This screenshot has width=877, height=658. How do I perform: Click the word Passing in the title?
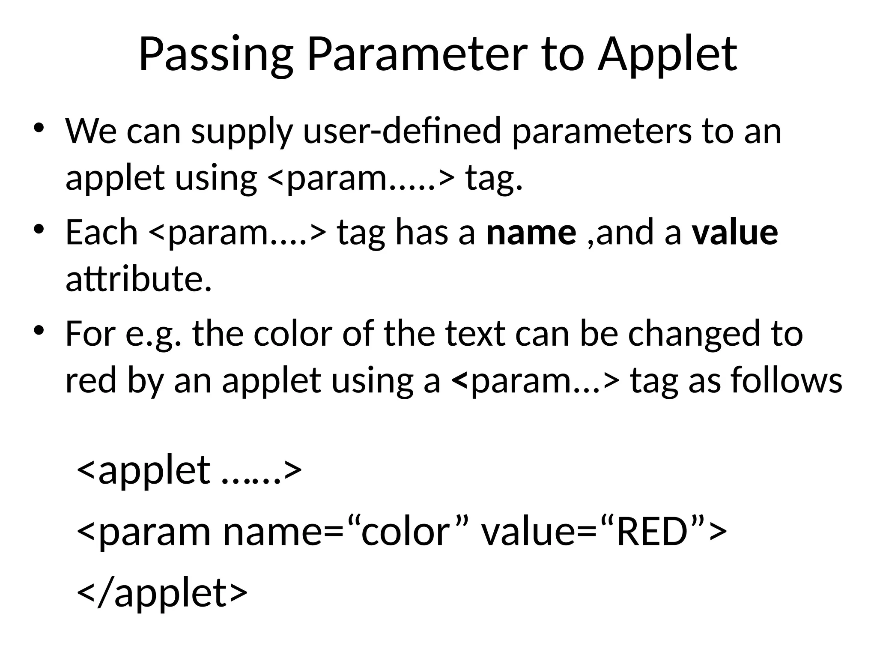[216, 55]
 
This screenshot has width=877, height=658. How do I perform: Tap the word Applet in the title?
[667, 55]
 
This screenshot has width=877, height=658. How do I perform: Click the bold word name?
[531, 233]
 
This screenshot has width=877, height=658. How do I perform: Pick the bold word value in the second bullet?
[735, 233]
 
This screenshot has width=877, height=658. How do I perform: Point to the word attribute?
[138, 279]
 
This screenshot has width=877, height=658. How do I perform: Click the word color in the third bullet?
[293, 334]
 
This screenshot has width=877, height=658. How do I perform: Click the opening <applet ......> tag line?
[189, 470]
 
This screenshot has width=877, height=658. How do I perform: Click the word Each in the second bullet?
[101, 233]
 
